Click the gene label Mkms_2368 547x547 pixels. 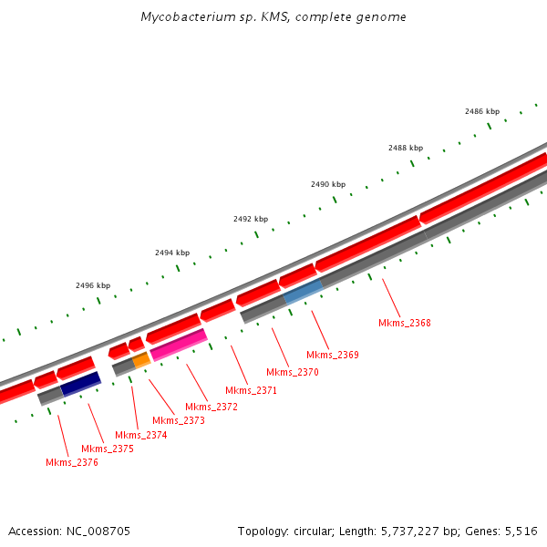pyautogui.click(x=405, y=323)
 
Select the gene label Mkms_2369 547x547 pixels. pyautogui.click(x=333, y=355)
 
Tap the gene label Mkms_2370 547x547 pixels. pyautogui.click(x=293, y=372)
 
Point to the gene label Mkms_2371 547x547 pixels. pyautogui.click(x=251, y=390)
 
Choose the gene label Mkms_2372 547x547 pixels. pyautogui.click(x=212, y=407)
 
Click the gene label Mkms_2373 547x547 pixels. pyautogui.click(x=179, y=420)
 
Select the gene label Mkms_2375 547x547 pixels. pyautogui.click(x=108, y=449)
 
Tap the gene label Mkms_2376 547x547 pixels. pyautogui.click(x=72, y=462)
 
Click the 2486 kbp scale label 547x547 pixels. pyautogui.click(x=482, y=111)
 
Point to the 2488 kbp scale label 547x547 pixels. pyautogui.click(x=406, y=148)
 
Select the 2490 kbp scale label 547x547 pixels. pyautogui.click(x=328, y=184)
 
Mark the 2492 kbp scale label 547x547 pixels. pyautogui.click(x=251, y=219)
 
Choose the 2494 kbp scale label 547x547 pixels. pyautogui.click(x=172, y=253)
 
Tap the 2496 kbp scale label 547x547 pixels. pyautogui.click(x=93, y=285)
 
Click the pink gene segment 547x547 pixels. pyautogui.click(x=179, y=345)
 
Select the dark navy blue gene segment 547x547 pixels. pyautogui.click(x=80, y=384)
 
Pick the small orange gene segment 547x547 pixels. pyautogui.click(x=141, y=360)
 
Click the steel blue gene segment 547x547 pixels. pyautogui.click(x=303, y=292)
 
